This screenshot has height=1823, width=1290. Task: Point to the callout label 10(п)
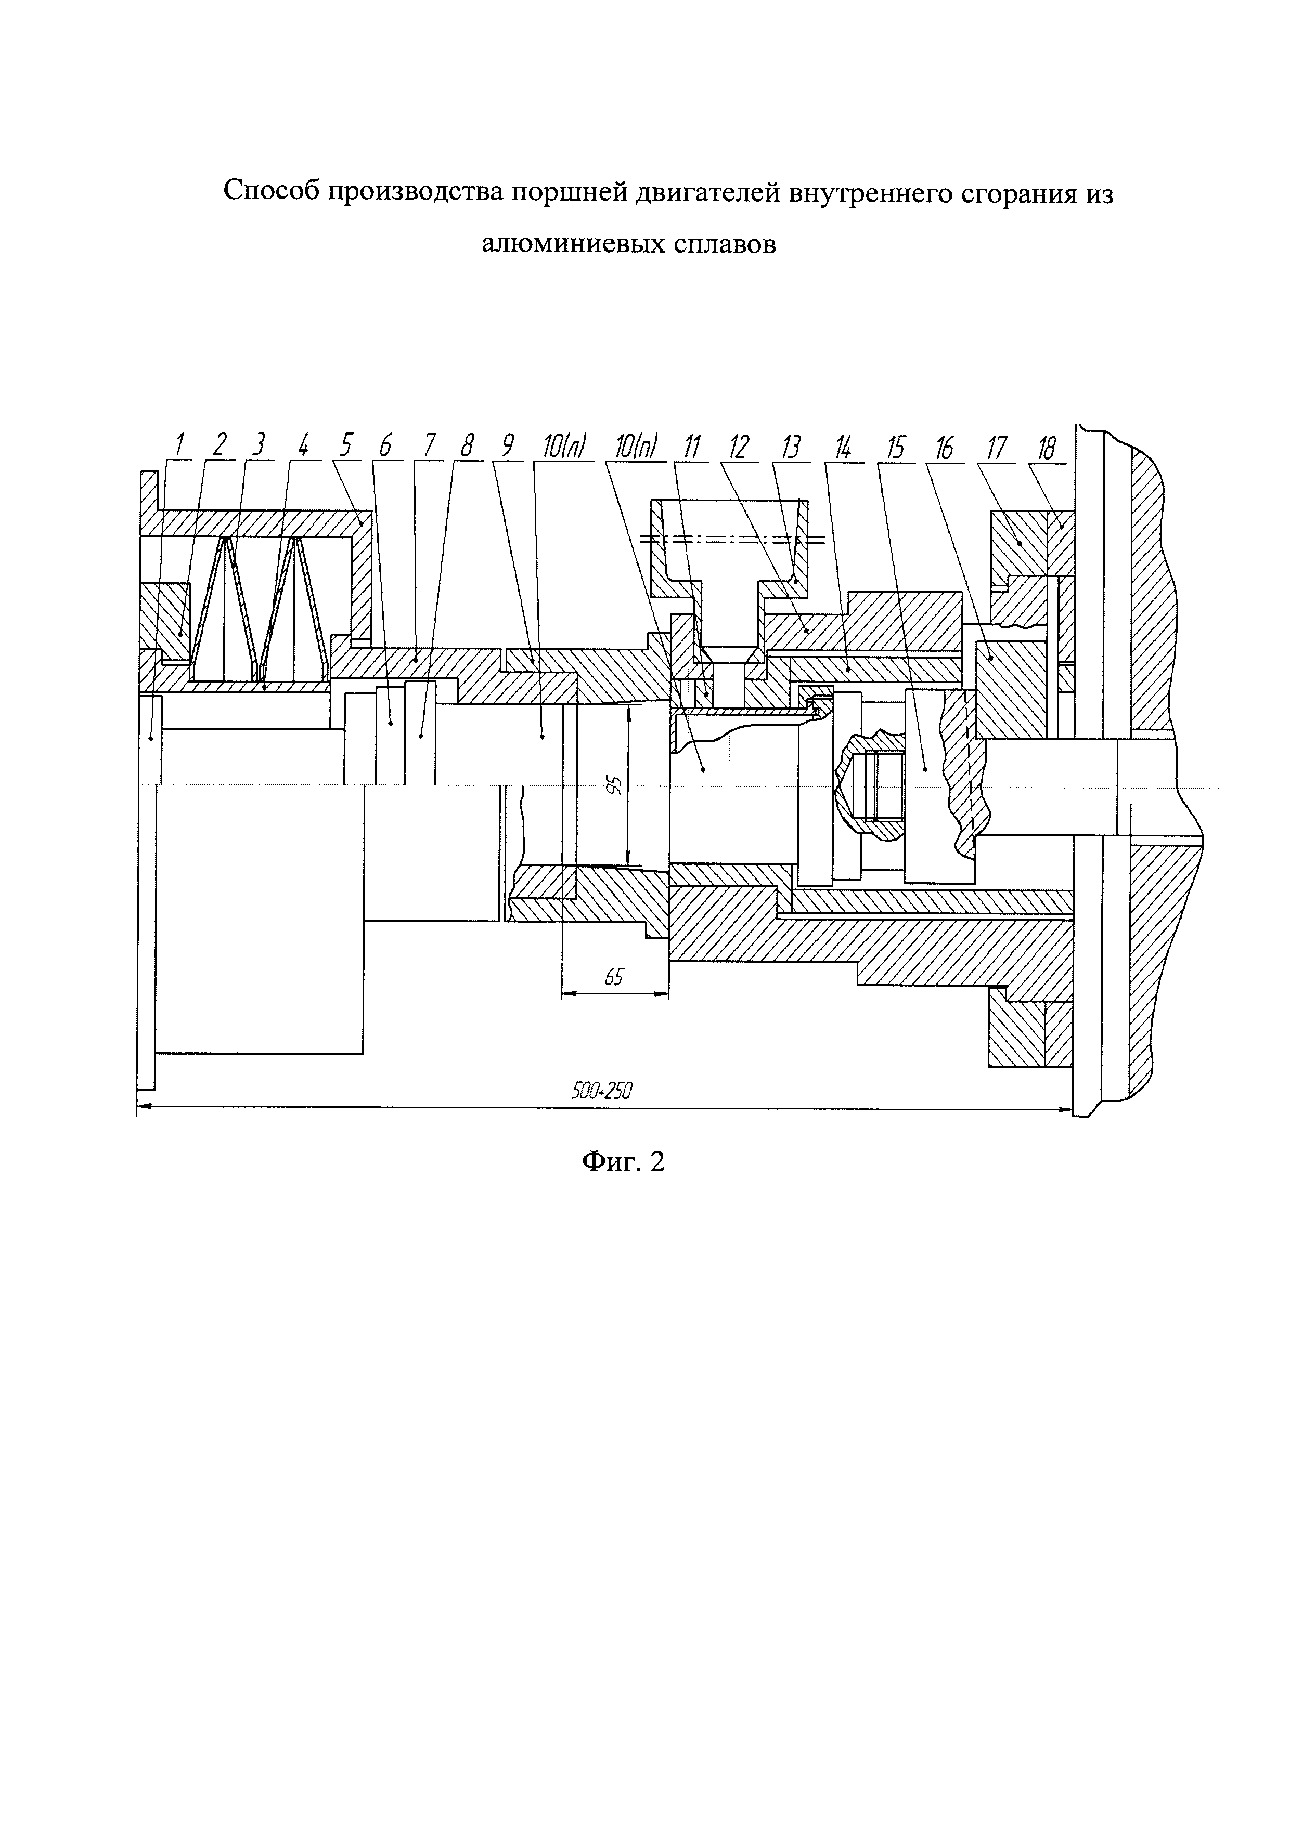635,447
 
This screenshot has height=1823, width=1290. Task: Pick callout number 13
790,447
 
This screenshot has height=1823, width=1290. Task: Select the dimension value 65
613,977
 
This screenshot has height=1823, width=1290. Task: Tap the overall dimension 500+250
601,1091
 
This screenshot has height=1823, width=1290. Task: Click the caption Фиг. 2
623,1162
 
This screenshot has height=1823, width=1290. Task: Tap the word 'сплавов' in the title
725,244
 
